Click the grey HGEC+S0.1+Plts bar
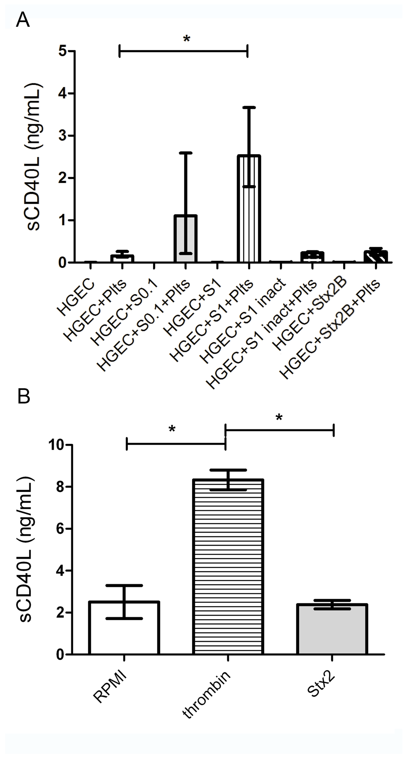pyautogui.click(x=185, y=239)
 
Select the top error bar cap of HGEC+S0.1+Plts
pyautogui.click(x=185, y=153)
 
